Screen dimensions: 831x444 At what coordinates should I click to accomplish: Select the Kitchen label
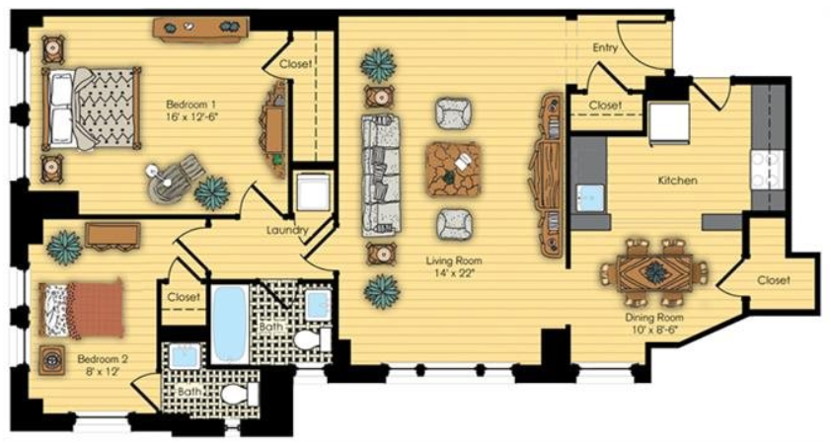677,181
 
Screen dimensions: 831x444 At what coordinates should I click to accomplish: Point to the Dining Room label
654,318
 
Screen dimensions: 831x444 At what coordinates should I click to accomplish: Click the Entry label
605,47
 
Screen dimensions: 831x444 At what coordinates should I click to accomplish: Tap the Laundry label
287,231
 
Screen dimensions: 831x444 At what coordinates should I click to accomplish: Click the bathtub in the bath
231,324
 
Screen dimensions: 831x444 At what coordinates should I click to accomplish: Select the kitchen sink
589,197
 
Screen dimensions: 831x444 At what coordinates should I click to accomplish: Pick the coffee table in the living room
453,169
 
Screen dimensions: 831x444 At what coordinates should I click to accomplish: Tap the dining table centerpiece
655,271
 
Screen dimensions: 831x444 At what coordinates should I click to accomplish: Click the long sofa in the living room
381,175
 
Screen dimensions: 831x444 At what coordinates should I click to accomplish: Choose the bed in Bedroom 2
81,309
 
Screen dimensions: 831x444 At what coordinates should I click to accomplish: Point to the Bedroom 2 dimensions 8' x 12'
103,371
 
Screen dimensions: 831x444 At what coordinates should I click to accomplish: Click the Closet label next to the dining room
773,280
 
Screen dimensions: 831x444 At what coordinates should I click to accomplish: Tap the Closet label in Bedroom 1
296,64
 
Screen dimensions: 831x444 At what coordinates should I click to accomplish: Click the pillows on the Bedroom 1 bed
61,109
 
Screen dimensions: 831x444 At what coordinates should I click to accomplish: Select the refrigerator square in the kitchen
669,123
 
